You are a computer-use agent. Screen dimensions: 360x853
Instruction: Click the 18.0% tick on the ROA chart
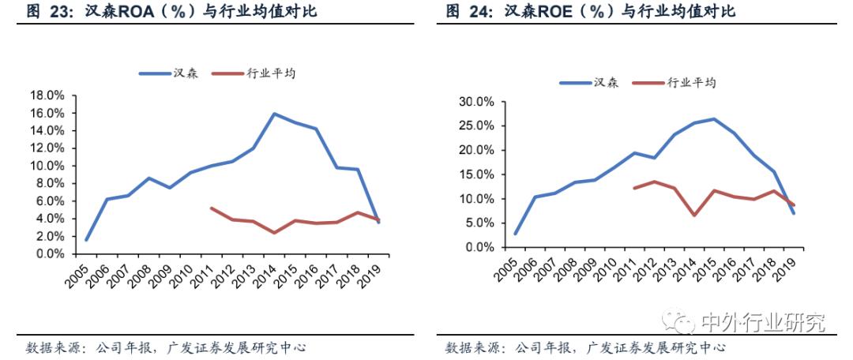click(47, 96)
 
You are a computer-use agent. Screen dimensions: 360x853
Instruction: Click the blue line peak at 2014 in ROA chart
click(274, 114)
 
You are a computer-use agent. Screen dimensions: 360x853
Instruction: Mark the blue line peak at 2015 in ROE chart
click(713, 119)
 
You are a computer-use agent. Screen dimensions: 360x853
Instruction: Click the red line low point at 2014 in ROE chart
click(693, 215)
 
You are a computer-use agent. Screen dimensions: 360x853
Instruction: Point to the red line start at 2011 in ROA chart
click(211, 208)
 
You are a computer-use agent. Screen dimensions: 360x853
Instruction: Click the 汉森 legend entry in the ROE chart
click(606, 82)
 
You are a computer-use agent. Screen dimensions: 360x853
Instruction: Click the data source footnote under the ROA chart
click(166, 347)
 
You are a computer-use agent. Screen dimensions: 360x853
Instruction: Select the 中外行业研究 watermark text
click(763, 322)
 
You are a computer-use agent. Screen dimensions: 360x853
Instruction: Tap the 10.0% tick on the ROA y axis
click(47, 166)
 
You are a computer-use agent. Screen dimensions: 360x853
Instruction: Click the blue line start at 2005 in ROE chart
click(515, 234)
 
